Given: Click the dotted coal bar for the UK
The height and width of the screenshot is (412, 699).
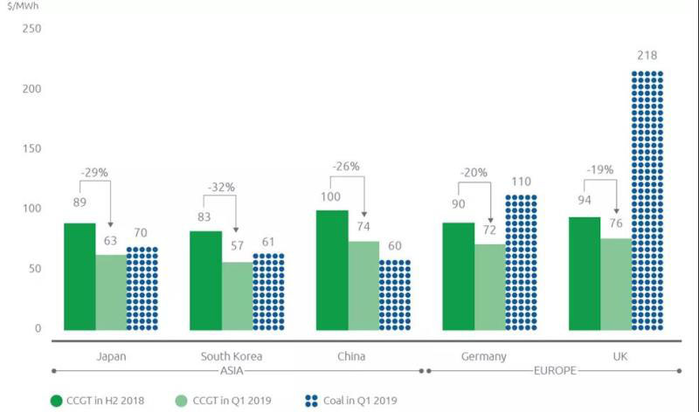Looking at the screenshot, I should tap(647, 201).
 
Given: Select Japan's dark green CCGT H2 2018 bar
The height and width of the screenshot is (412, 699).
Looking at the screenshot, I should tap(80, 277).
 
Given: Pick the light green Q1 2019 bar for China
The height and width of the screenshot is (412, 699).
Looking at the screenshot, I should tap(363, 285).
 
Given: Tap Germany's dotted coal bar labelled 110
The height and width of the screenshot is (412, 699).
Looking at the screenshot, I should tap(521, 262).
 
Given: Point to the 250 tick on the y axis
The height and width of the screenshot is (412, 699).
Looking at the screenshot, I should tap(31, 29).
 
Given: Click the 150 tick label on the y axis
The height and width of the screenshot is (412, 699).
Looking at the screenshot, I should tap(31, 149).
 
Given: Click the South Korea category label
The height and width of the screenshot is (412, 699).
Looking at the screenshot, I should tap(231, 356).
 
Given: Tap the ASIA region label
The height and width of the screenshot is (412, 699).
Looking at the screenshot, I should tap(231, 370).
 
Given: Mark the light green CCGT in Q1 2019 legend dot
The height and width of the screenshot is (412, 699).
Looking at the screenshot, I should tap(181, 401).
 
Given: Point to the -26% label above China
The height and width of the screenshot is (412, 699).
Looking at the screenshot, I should tap(347, 166).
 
